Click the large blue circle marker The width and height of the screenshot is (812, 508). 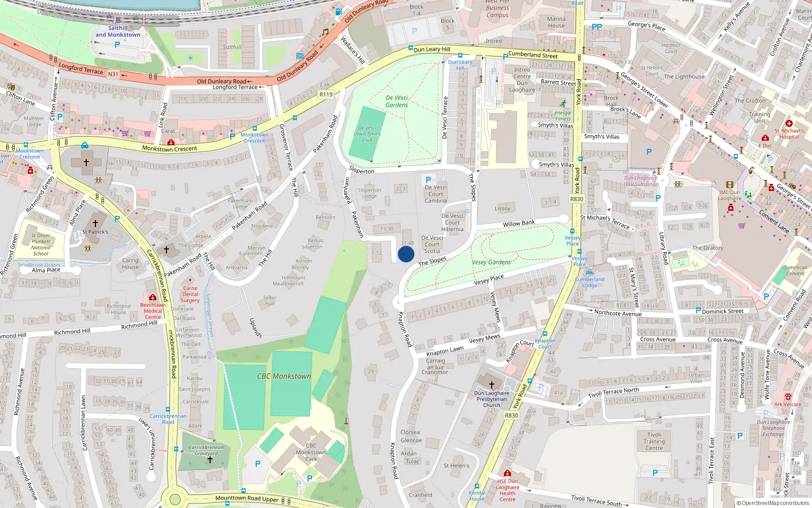406,254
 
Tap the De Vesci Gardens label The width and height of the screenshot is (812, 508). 396,101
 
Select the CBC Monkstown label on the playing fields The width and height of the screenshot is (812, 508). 284,376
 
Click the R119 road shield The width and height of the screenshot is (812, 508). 326,94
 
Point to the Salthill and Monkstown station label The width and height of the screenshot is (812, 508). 118,31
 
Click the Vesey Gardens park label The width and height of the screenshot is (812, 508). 491,263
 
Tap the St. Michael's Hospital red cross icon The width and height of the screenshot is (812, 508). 789,123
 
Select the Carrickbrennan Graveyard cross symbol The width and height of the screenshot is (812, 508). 210,460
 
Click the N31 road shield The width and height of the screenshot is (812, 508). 113,74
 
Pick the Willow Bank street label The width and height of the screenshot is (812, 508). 519,224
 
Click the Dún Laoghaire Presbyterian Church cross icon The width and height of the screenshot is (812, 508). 491,385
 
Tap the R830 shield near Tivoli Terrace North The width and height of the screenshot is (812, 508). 511,416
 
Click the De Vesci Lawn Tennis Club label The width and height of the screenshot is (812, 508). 367,134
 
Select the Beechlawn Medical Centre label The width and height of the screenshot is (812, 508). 153,311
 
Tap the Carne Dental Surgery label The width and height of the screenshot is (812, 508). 190,294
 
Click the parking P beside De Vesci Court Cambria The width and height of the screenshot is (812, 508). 428,179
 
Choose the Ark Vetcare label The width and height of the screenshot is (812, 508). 788,404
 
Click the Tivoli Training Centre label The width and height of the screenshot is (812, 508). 654,441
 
